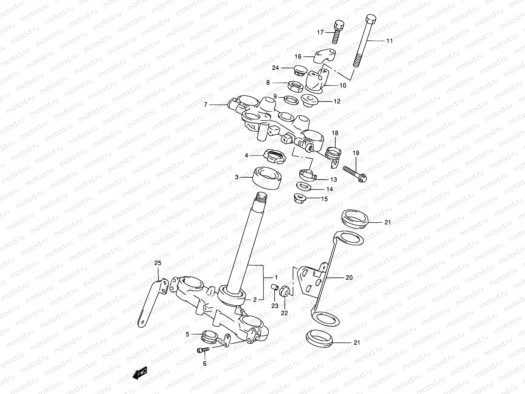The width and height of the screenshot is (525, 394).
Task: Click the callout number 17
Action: [x=320, y=32]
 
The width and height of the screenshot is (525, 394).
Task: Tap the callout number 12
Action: [x=337, y=101]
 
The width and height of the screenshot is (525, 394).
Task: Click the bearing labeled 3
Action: [x=267, y=177]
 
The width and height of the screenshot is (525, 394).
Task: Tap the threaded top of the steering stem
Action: [x=262, y=198]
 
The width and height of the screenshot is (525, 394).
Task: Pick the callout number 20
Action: [x=349, y=277]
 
